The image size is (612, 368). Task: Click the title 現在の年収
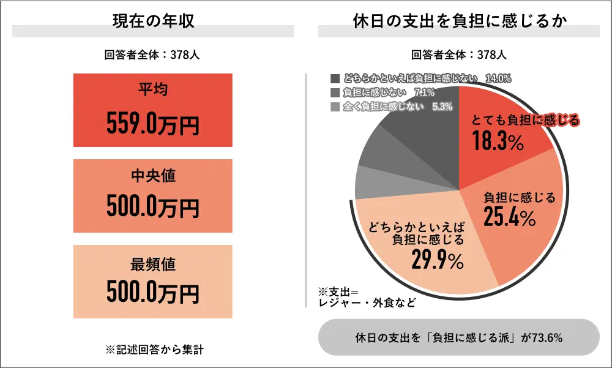click(153, 21)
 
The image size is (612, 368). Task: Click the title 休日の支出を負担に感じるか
click(459, 21)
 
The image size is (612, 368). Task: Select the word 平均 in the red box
click(153, 91)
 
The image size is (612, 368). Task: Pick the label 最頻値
click(153, 264)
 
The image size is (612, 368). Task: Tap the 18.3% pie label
click(498, 141)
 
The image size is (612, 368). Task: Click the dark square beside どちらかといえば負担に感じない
click(334, 78)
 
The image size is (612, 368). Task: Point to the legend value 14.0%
click(498, 78)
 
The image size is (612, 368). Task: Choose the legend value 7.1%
click(424, 92)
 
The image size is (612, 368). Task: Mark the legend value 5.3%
click(442, 107)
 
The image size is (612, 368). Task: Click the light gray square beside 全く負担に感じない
click(334, 107)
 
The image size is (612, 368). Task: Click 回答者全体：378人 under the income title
click(153, 55)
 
